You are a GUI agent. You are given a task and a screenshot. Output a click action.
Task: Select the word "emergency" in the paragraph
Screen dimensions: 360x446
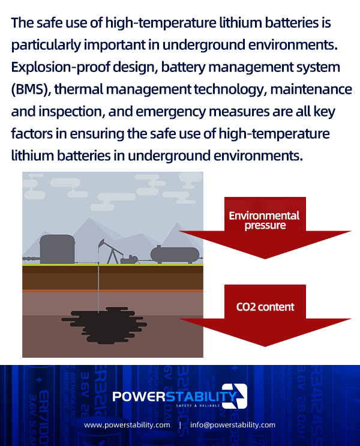170,112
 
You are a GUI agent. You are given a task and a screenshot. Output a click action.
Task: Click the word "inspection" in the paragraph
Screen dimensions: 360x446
70,112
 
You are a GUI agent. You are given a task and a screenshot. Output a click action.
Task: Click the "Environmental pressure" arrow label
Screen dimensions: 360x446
264,220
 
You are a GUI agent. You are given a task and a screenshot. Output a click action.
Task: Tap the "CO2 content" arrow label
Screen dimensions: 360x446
265,307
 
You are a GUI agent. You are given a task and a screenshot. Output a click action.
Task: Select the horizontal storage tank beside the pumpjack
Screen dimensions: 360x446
175,255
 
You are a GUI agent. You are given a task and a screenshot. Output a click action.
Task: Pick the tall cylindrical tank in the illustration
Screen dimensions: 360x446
57,249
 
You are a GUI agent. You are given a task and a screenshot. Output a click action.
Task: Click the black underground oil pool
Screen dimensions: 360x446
104,325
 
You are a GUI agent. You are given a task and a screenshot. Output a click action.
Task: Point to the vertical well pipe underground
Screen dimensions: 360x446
98,288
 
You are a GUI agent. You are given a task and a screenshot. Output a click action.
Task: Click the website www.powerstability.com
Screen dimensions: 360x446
127,425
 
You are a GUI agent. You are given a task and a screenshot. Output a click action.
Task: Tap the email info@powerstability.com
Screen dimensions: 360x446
233,425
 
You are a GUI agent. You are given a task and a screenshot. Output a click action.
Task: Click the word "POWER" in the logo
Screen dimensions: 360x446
139,397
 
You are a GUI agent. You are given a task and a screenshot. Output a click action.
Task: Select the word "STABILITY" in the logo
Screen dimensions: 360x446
201,396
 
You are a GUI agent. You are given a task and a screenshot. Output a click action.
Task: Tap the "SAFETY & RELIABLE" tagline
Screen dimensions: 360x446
198,405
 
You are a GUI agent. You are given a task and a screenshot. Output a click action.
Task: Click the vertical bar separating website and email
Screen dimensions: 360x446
180,425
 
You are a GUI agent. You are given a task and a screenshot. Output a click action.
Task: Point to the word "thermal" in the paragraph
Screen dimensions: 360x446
79,89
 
